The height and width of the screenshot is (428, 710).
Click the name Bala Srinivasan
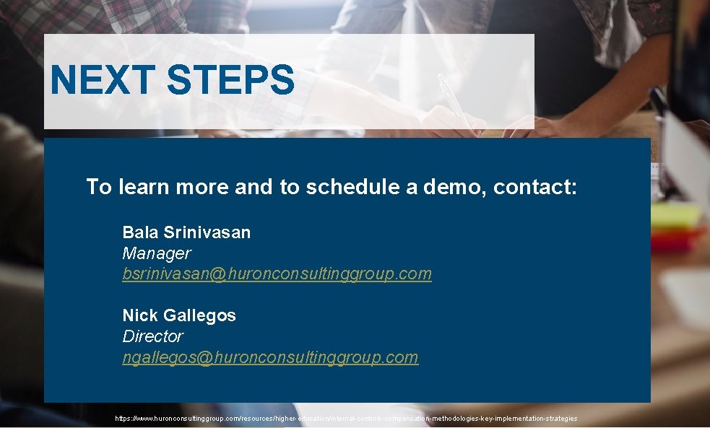(x=186, y=232)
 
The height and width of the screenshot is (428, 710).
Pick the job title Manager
(x=156, y=253)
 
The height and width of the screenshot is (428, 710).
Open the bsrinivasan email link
(x=277, y=274)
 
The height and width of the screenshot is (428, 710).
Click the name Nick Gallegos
(x=179, y=315)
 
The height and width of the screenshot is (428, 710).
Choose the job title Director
(x=152, y=336)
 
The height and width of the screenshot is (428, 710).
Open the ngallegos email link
(x=270, y=357)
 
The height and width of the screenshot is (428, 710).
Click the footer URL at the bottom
(x=346, y=419)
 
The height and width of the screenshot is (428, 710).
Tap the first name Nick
(x=139, y=315)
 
